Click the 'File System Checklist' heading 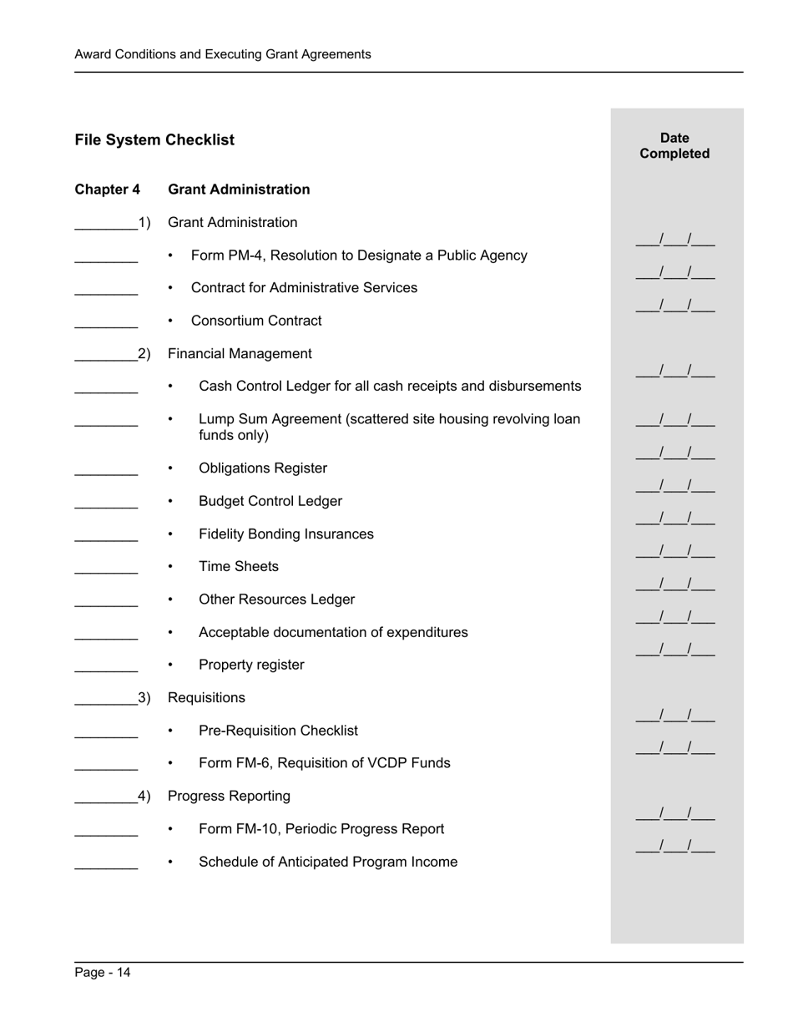click(x=154, y=140)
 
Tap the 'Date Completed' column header click(x=674, y=146)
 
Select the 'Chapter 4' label click(x=107, y=190)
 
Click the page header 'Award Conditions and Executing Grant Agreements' click(x=223, y=54)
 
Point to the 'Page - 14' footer click(x=103, y=972)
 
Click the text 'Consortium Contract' click(x=255, y=321)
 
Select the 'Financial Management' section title click(x=240, y=354)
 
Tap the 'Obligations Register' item click(x=262, y=468)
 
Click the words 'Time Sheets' click(x=238, y=567)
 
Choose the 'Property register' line click(x=251, y=665)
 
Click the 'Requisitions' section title click(x=206, y=698)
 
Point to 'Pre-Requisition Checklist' click(x=278, y=731)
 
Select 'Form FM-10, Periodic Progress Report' click(x=321, y=829)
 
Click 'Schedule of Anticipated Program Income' click(x=327, y=862)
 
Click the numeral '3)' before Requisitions click(x=144, y=698)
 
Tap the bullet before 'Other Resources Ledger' click(x=170, y=600)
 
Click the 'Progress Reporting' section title click(x=229, y=797)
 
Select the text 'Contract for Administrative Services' click(x=304, y=288)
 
